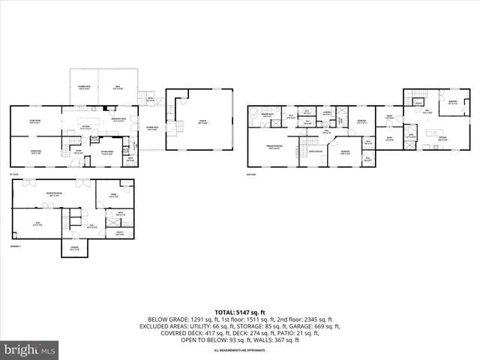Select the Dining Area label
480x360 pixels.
pos(34,152)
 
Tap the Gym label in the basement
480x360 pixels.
pos(36,223)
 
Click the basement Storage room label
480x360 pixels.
pos(73,249)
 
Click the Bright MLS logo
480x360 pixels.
pos(30,349)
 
